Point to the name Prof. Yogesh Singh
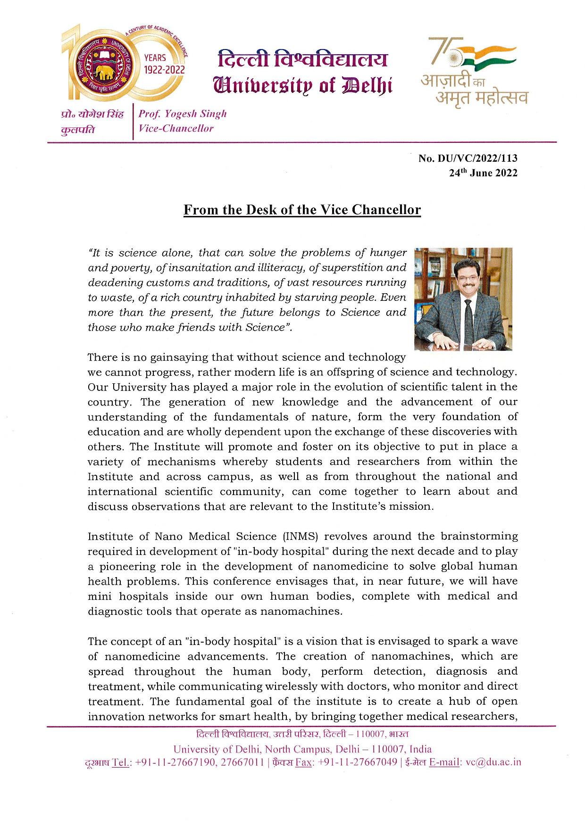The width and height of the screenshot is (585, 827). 183,114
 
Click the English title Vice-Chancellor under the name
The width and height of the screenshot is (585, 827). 176,128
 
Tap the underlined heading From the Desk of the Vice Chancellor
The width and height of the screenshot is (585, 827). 302,209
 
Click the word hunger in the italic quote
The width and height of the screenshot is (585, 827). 388,253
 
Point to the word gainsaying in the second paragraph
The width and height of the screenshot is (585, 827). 179,357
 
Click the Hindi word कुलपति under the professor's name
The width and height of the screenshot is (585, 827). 78,129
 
